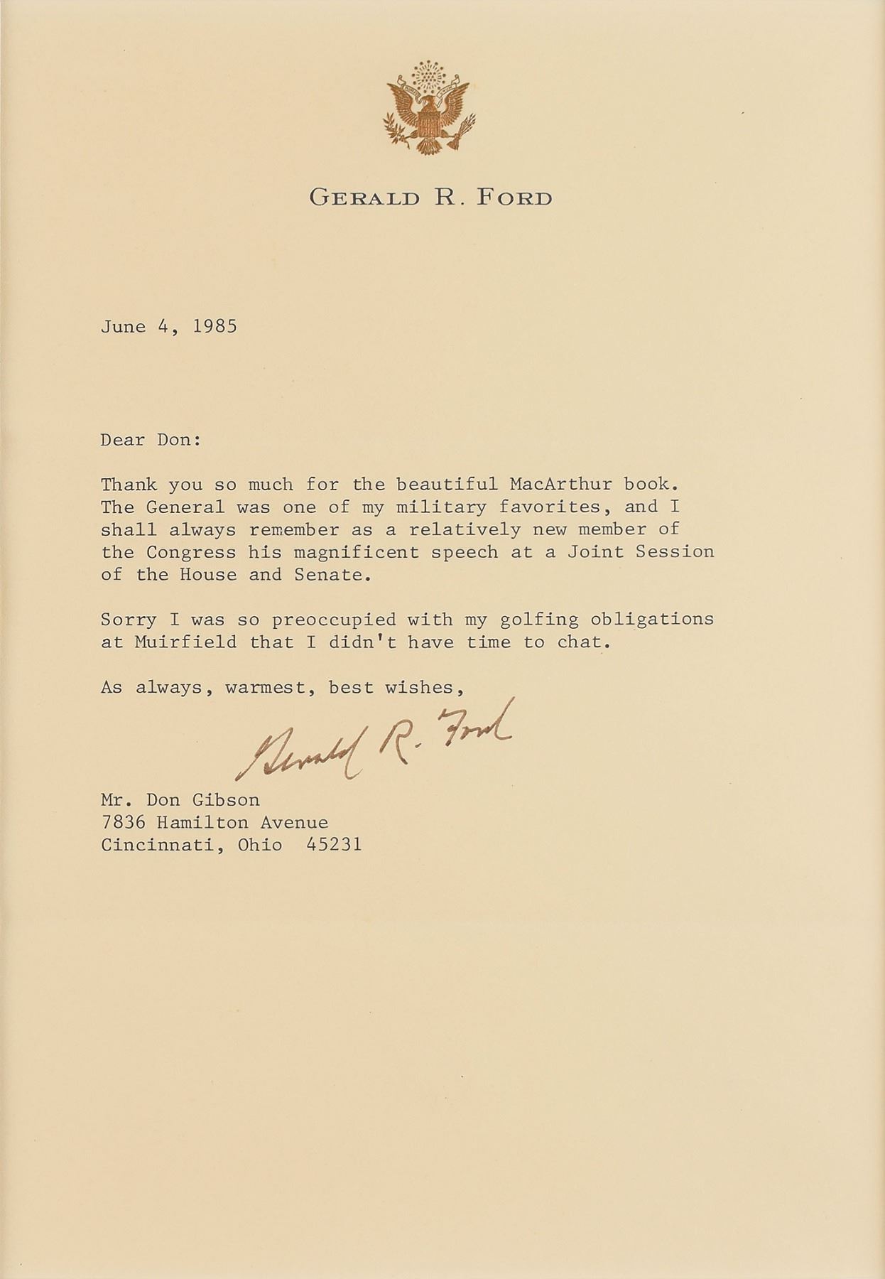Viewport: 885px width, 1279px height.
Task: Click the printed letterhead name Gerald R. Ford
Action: tap(430, 198)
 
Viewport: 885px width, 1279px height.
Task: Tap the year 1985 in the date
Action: tap(215, 327)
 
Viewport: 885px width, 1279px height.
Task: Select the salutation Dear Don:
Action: tap(151, 440)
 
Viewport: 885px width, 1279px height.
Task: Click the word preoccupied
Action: tap(333, 620)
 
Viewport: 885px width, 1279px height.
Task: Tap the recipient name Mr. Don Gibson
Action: tap(180, 800)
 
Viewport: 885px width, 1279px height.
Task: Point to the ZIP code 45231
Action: tap(334, 845)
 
